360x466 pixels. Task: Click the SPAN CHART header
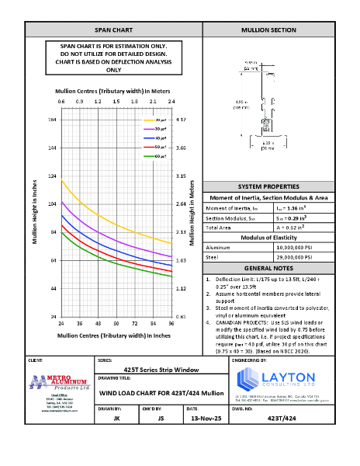(x=113, y=30)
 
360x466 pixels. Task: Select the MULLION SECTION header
(x=268, y=30)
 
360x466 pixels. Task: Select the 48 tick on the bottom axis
(x=98, y=322)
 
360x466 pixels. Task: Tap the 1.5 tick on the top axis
(x=116, y=102)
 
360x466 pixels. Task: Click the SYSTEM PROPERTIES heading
(x=268, y=188)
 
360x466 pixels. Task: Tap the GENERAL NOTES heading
(x=268, y=266)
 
